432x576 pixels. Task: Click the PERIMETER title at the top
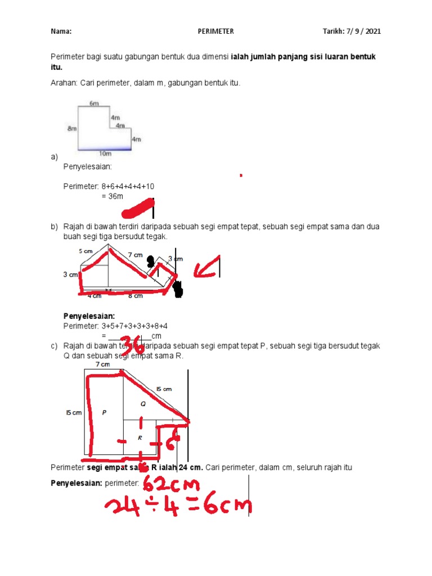point(215,31)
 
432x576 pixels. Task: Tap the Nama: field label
point(61,31)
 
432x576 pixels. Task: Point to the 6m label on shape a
point(94,103)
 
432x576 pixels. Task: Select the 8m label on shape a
point(71,129)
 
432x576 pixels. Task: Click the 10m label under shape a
point(105,153)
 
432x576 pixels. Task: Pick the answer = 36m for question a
point(112,196)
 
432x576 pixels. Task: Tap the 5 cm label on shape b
point(85,251)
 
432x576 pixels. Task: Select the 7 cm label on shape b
point(135,255)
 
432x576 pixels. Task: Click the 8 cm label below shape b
point(135,295)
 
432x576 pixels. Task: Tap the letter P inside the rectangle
point(104,412)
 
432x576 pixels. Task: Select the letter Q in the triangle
point(143,404)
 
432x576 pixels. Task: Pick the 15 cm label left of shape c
point(74,412)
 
